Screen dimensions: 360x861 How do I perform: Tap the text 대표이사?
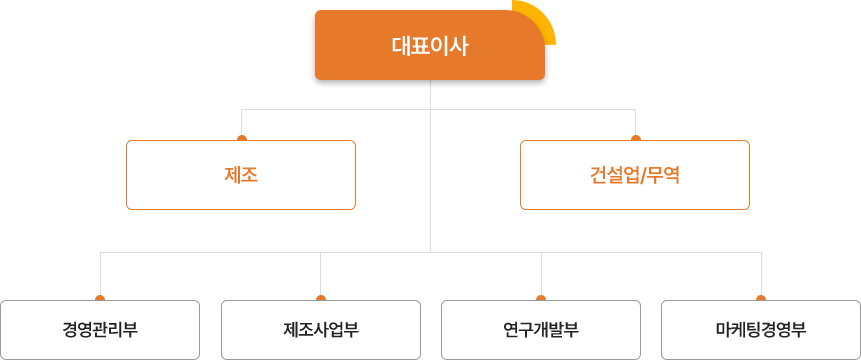430,45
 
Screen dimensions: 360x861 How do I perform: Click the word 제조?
241,175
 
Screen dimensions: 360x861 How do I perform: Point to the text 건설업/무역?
635,175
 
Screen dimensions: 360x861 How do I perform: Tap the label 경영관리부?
100,330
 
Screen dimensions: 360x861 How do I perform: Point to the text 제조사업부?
321,330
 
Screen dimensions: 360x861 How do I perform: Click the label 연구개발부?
541,330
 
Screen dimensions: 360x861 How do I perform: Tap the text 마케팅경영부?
761,330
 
